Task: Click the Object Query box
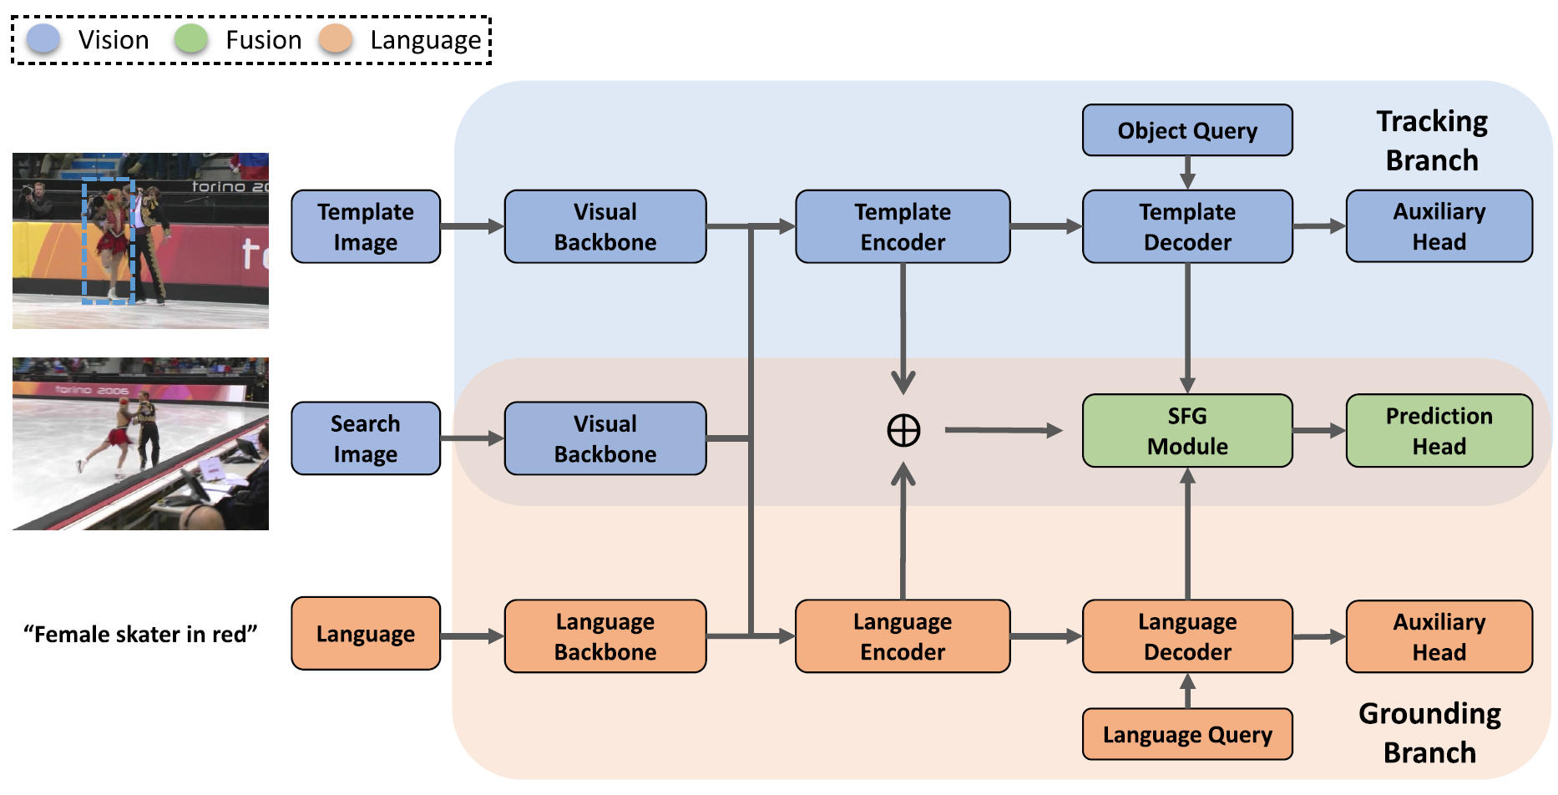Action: (x=1186, y=130)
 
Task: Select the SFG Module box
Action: (x=1186, y=430)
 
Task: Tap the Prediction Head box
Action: (x=1439, y=430)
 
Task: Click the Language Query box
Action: (x=1186, y=734)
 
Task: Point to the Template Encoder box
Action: (x=902, y=226)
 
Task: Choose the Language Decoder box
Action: (x=1186, y=636)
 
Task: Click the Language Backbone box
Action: (x=604, y=636)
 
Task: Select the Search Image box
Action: (x=365, y=438)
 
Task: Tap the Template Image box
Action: (x=365, y=226)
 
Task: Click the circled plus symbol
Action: (x=903, y=430)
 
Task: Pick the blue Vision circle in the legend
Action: (x=43, y=39)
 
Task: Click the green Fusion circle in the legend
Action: (x=191, y=39)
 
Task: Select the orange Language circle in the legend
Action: (x=336, y=39)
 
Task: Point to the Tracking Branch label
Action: (x=1431, y=140)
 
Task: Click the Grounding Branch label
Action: (x=1429, y=732)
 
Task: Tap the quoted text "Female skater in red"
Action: (x=140, y=634)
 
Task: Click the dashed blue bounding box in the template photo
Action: (x=108, y=241)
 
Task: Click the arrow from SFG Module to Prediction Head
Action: (x=1318, y=430)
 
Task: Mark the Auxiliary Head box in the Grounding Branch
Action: (x=1439, y=636)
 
